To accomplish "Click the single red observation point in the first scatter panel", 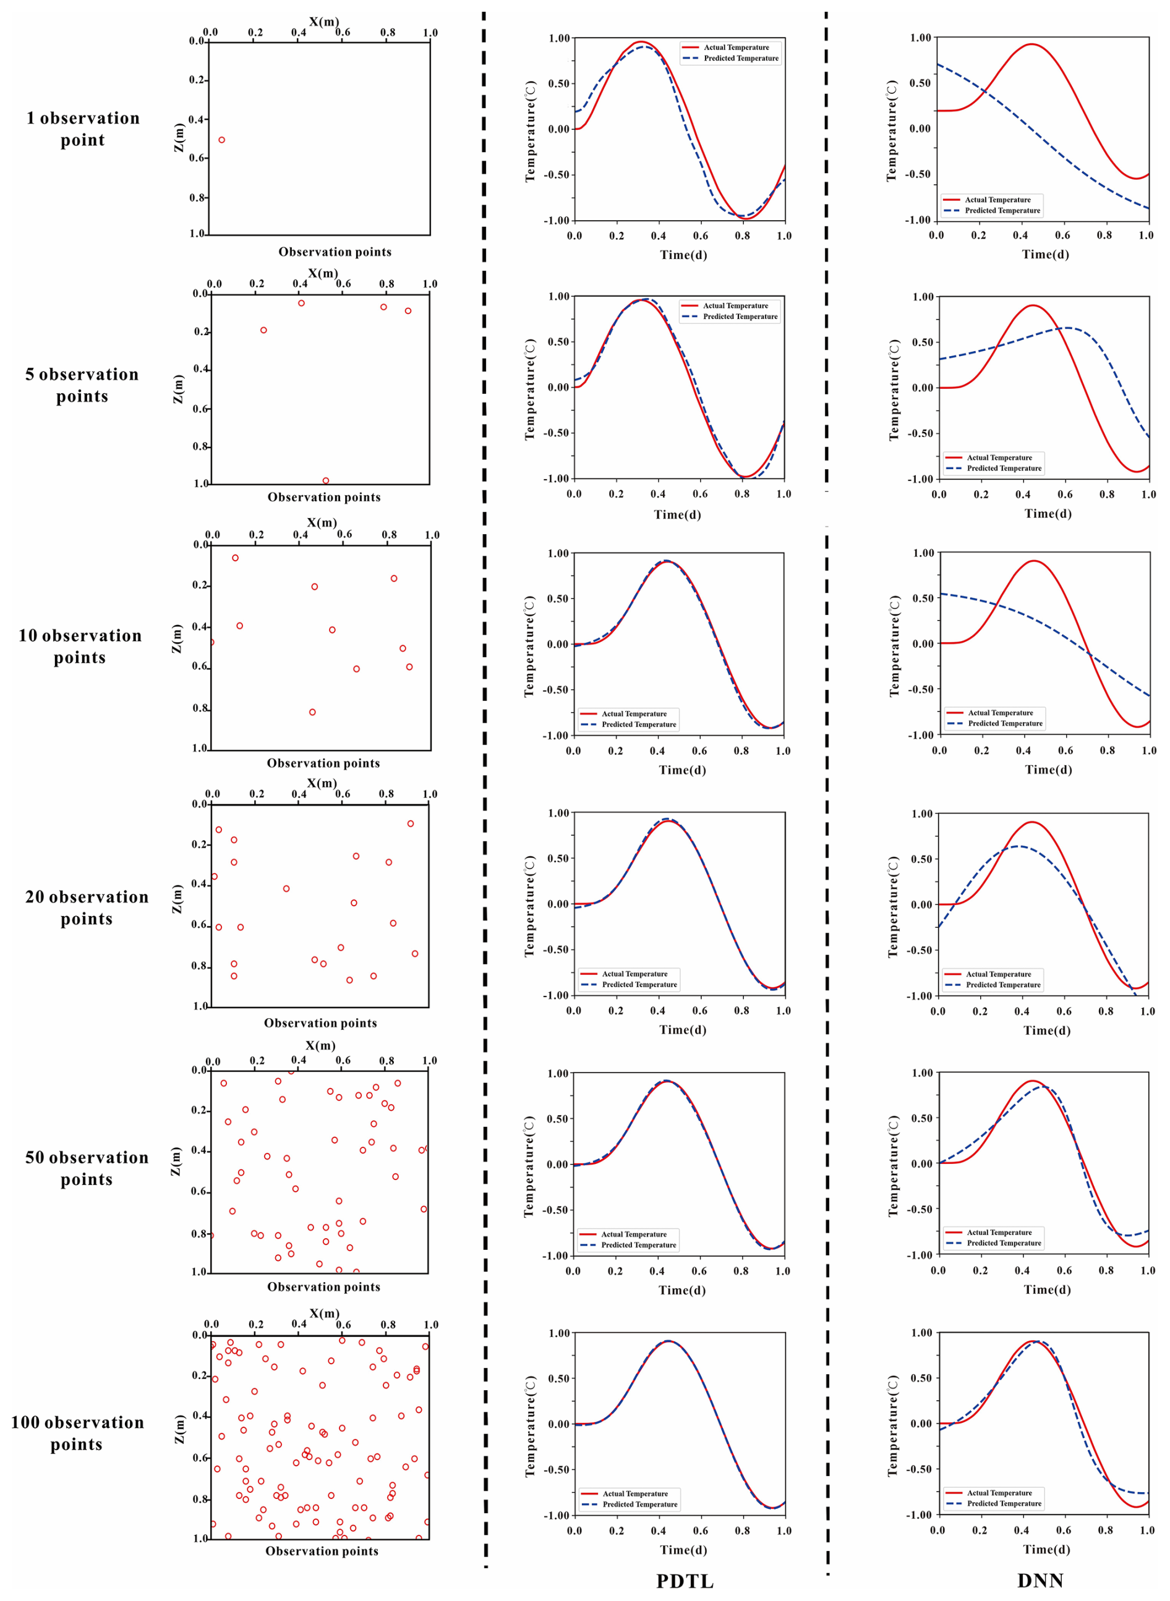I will [221, 140].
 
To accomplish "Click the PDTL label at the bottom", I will [684, 1581].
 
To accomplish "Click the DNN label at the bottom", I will [1040, 1581].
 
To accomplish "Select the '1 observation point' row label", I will [83, 129].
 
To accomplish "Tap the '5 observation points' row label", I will [82, 385].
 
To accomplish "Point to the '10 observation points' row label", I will [80, 646].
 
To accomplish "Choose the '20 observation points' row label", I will [87, 907].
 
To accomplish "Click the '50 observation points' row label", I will [87, 1168].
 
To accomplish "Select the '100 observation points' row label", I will [77, 1433].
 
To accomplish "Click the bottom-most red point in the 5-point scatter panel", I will [326, 480].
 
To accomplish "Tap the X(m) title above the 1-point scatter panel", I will [323, 22].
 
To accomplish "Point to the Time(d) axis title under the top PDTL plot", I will [683, 255].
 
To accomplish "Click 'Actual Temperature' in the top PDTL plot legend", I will [736, 48].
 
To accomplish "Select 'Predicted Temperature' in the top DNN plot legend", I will [1002, 210].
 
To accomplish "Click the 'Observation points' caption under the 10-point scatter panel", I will [323, 763].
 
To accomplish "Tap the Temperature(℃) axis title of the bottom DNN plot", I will [892, 1425].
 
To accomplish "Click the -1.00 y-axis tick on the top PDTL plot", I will [557, 221].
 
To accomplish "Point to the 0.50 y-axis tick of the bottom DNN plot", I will [921, 1378].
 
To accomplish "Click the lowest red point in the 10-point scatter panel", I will [312, 712].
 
